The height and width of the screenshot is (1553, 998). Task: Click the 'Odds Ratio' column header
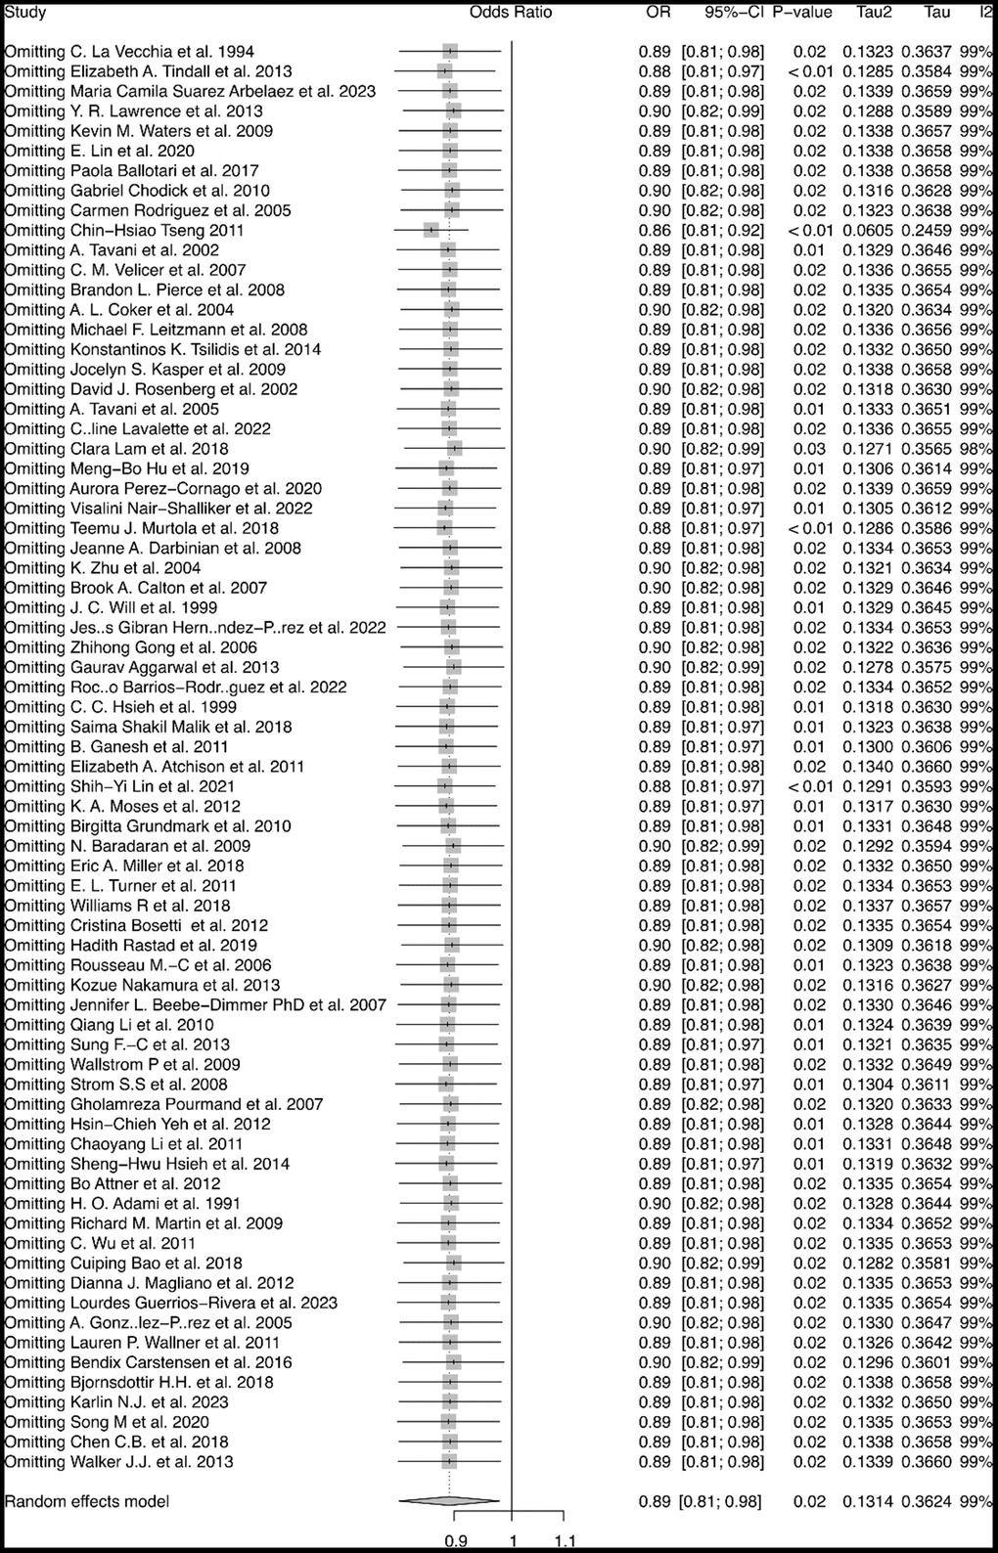tap(510, 13)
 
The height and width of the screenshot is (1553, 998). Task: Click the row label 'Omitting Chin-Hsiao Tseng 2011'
tap(124, 230)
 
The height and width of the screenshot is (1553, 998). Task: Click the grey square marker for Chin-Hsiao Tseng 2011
tap(431, 230)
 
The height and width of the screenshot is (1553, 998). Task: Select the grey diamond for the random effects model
tap(449, 1501)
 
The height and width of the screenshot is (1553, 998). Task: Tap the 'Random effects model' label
tap(87, 1501)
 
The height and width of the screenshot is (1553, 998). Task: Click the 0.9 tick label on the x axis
tap(455, 1541)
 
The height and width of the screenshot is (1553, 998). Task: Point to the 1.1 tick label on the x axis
tap(565, 1541)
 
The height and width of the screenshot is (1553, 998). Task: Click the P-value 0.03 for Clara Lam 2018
tap(810, 449)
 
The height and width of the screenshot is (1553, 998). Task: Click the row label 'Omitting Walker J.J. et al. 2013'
tap(119, 1461)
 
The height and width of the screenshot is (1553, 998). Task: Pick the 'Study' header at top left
tap(25, 13)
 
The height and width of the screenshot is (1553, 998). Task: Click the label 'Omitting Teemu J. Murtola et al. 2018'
tap(142, 528)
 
